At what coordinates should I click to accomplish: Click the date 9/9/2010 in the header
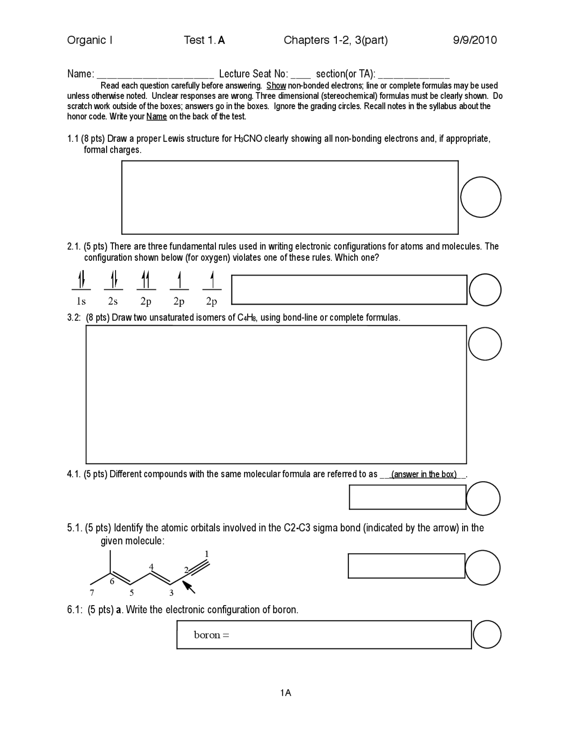point(475,41)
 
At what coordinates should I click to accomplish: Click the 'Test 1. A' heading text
point(204,41)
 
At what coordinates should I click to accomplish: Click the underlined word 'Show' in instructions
point(276,86)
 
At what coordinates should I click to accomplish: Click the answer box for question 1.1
point(290,197)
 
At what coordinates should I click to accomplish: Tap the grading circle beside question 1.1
point(480,197)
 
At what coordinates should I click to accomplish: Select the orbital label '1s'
point(81,302)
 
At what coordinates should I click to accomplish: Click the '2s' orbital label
point(113,302)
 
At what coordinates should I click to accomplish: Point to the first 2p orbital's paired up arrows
point(145,280)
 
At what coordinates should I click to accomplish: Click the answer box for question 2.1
point(349,290)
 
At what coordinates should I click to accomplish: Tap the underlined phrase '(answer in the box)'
point(424,474)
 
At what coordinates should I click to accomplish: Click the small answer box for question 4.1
point(407,497)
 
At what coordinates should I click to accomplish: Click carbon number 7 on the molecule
point(92,593)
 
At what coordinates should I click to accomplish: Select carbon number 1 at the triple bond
point(207,553)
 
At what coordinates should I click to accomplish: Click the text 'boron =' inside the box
point(211,635)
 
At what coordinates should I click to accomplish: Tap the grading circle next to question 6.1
point(487,635)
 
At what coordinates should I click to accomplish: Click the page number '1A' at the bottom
point(285,693)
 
